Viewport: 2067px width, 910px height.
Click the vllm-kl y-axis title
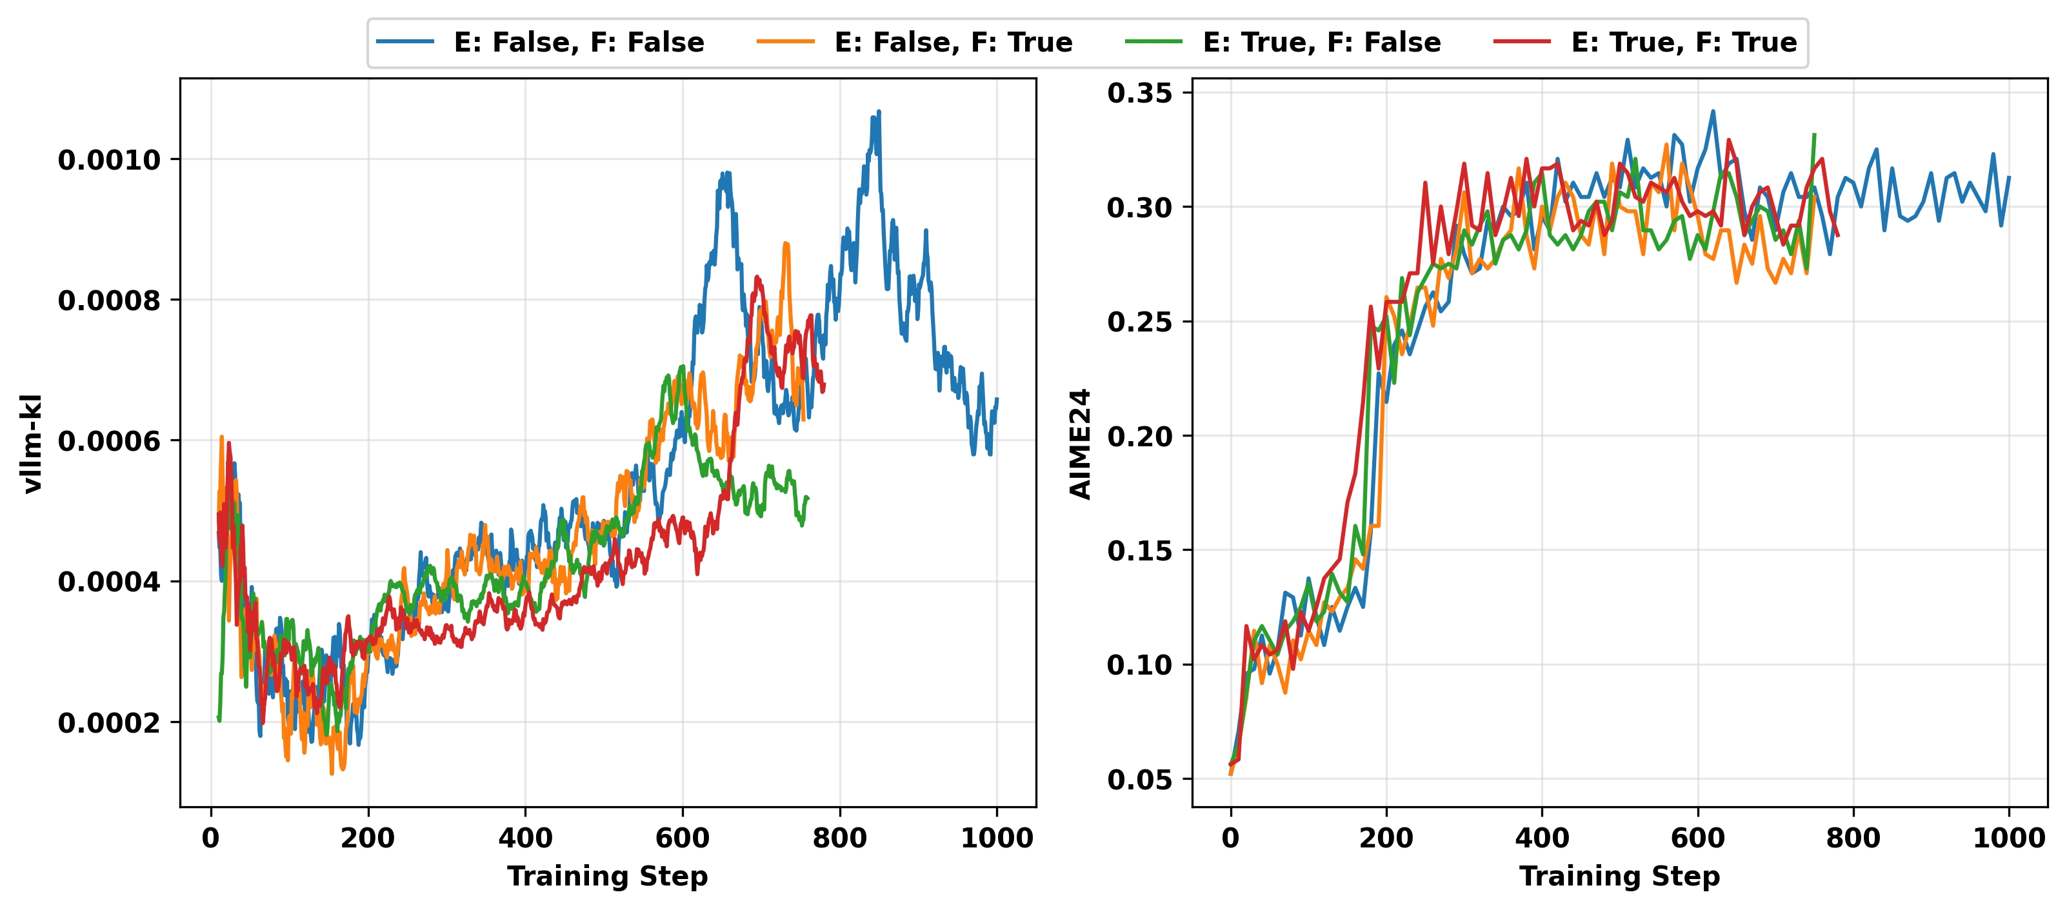(32, 443)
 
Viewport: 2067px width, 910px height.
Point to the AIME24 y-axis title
(1081, 443)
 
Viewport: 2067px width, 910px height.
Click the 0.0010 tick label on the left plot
(109, 160)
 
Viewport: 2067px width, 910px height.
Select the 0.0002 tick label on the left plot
(109, 722)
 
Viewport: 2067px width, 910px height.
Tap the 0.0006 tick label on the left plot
(109, 440)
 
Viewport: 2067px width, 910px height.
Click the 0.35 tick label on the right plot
(1139, 93)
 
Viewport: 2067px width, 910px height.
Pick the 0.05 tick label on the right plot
(1139, 779)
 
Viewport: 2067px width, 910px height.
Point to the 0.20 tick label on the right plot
(1139, 437)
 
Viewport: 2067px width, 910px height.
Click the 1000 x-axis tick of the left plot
(997, 838)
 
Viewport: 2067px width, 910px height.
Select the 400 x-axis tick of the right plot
(1541, 838)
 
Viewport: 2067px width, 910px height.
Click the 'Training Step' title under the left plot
(608, 876)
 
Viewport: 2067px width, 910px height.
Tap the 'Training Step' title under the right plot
(1619, 876)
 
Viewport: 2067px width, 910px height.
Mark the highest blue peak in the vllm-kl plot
(879, 112)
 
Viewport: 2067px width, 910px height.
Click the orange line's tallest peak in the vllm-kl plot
(786, 242)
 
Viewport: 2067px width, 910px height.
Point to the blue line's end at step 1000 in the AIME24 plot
(2009, 177)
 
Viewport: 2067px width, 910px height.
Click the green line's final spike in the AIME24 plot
(1814, 135)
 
